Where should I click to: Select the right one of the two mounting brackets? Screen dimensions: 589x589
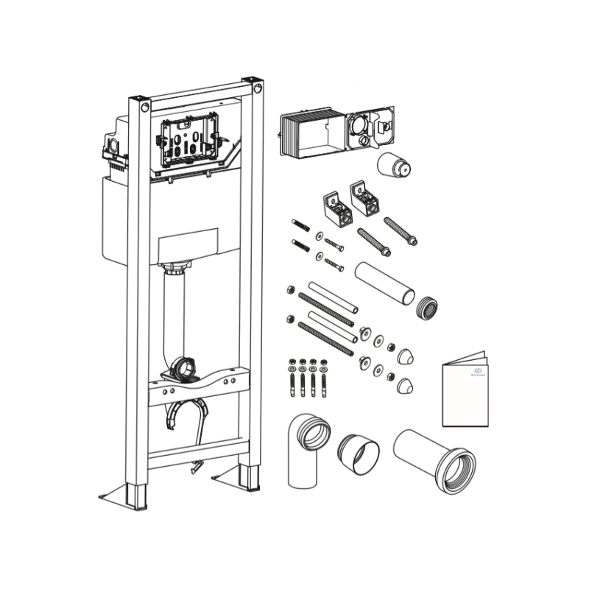(x=364, y=197)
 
